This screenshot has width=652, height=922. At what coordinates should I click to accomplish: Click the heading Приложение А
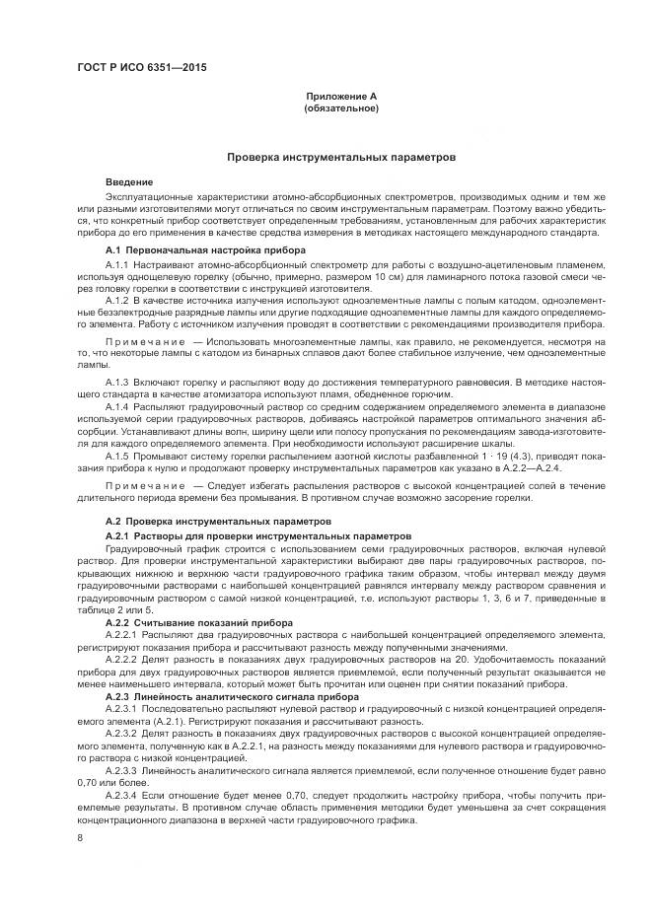pyautogui.click(x=340, y=97)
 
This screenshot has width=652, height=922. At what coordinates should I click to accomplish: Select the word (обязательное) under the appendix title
pyautogui.click(x=340, y=107)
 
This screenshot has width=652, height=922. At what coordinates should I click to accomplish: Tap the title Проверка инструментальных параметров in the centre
pyautogui.click(x=340, y=156)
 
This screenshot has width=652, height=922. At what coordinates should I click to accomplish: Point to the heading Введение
pyautogui.click(x=129, y=182)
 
